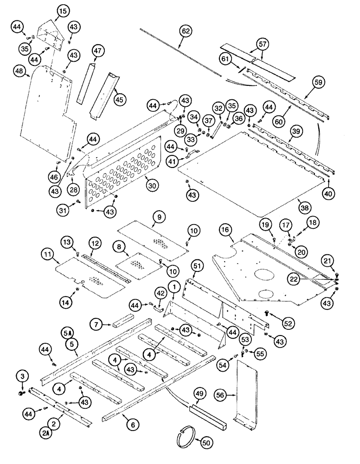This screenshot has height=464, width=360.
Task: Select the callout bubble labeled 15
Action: point(63,10)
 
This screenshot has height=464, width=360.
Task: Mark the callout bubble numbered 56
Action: point(221,395)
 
